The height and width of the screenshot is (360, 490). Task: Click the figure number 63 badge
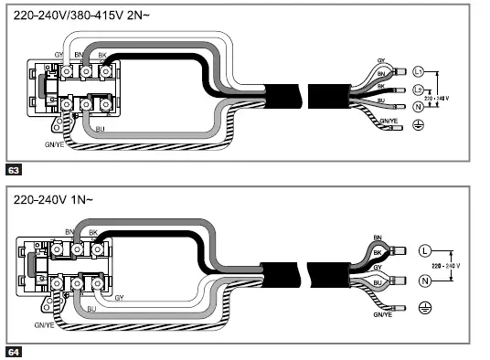(x=13, y=170)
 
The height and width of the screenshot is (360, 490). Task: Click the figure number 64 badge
(x=13, y=351)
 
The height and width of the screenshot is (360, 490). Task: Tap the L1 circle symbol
(x=419, y=70)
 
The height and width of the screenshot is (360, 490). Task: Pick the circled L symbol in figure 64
(x=423, y=250)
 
